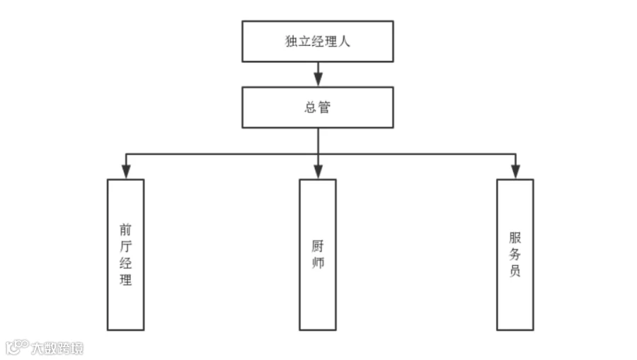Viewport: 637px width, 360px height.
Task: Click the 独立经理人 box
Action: click(x=318, y=42)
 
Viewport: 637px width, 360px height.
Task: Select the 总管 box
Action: click(x=318, y=107)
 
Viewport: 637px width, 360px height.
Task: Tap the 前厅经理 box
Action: click(x=125, y=255)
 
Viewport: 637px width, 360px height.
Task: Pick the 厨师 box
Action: click(x=318, y=255)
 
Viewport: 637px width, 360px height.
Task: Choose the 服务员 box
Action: click(x=515, y=255)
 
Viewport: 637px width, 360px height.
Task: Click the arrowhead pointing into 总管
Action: click(x=318, y=79)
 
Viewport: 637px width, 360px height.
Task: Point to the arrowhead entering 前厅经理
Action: click(x=126, y=172)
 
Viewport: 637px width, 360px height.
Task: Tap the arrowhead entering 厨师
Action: click(x=318, y=172)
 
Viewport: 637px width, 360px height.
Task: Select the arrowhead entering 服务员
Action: click(x=515, y=172)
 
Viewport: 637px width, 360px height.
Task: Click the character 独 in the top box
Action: click(x=292, y=42)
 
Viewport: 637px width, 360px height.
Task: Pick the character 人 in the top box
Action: click(x=344, y=42)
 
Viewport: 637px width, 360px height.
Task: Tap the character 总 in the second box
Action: click(x=311, y=107)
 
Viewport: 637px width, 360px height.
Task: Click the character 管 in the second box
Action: click(x=324, y=107)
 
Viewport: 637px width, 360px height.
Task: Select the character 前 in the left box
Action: click(x=125, y=230)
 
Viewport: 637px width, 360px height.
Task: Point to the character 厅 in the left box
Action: click(x=125, y=246)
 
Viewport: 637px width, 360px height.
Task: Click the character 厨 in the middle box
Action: click(x=318, y=246)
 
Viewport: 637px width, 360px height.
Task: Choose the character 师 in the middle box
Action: click(x=318, y=262)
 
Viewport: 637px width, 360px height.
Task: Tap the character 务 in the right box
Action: click(x=515, y=255)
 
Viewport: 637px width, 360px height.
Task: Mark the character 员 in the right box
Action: click(x=515, y=271)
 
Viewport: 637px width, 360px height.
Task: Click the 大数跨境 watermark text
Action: click(x=57, y=348)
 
